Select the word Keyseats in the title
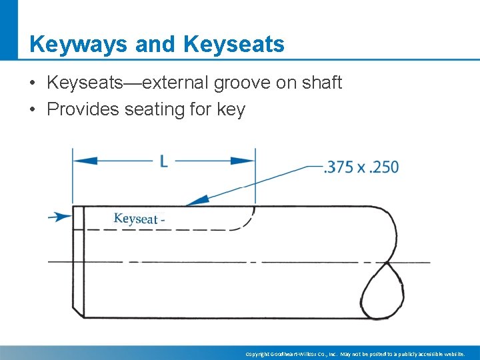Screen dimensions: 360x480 pyautogui.click(x=233, y=45)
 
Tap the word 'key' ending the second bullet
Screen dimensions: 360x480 pyautogui.click(x=231, y=109)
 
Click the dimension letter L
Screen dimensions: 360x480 pyautogui.click(x=163, y=161)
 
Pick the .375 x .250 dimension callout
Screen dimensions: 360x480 pyautogui.click(x=361, y=167)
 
